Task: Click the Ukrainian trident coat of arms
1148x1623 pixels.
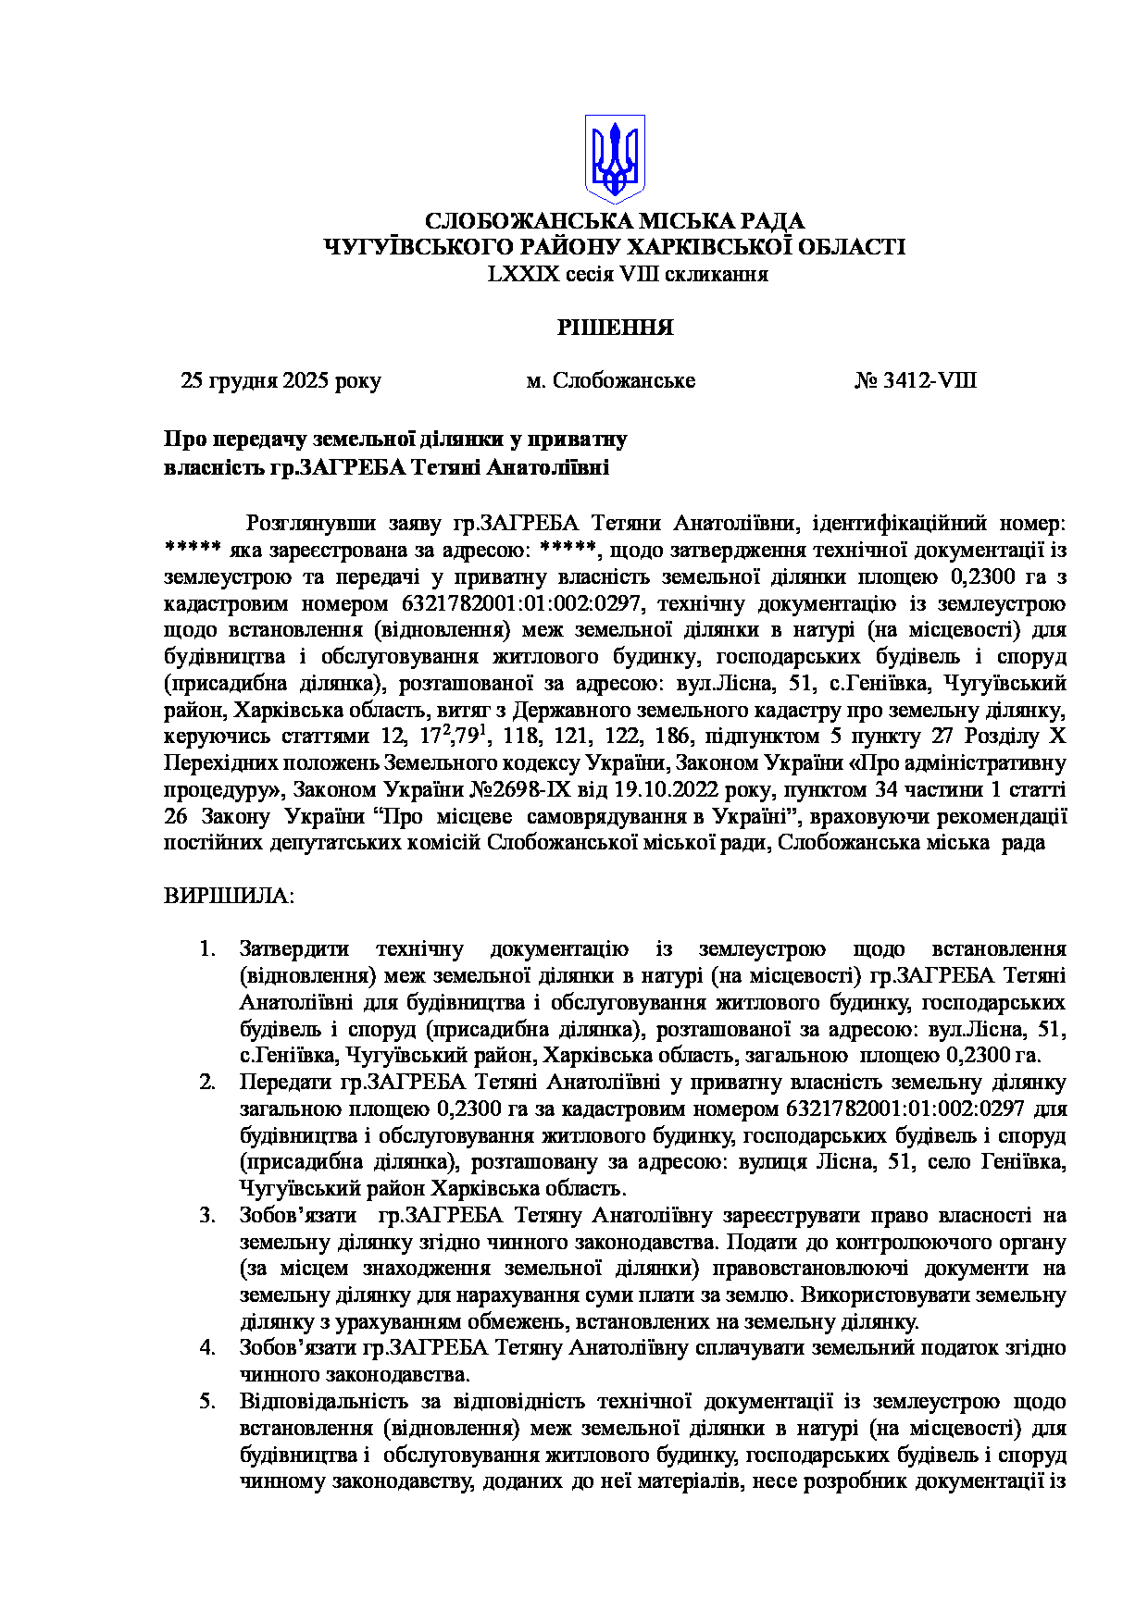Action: [x=614, y=158]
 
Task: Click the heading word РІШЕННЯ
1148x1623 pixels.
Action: [x=615, y=328]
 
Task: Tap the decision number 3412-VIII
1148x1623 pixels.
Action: [x=929, y=381]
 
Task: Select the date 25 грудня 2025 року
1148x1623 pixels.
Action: [x=281, y=381]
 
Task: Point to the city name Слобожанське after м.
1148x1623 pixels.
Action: [x=624, y=381]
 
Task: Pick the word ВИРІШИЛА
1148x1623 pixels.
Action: [x=229, y=897]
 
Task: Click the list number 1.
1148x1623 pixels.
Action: [x=207, y=949]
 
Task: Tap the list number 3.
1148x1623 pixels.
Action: [x=207, y=1216]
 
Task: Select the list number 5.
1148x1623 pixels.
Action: [x=207, y=1402]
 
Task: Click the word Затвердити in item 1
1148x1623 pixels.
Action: [x=294, y=949]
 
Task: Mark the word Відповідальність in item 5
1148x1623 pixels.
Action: [x=318, y=1402]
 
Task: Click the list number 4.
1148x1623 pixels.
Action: [x=207, y=1348]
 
